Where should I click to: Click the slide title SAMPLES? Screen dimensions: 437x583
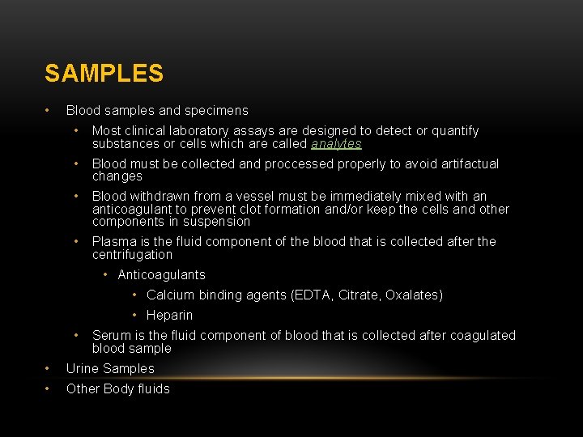click(104, 74)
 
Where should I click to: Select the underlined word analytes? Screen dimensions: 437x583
click(336, 144)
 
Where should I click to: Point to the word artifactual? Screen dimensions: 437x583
click(470, 163)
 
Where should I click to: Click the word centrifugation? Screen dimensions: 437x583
click(132, 254)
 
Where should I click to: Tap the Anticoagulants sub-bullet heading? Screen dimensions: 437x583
click(161, 274)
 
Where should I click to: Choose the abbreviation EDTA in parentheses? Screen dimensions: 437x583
click(309, 295)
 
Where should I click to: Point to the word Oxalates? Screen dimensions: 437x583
click(413, 295)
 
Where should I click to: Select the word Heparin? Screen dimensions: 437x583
click(169, 315)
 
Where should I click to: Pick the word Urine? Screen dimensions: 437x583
click(84, 368)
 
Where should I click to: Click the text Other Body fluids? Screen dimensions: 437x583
click(117, 388)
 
